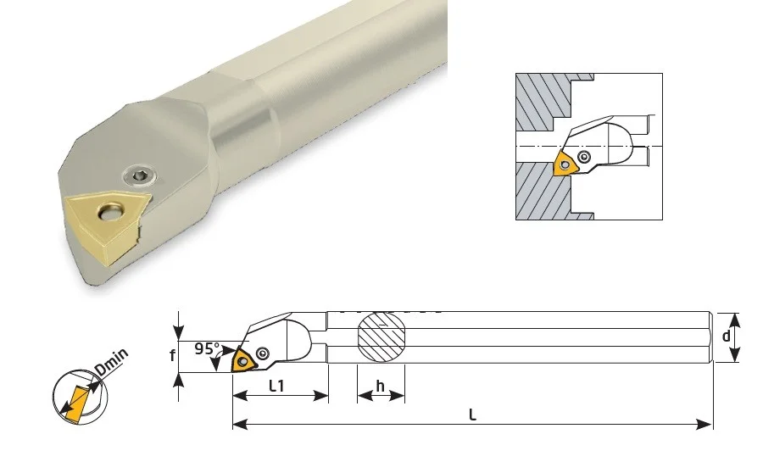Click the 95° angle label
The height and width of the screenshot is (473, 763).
click(x=208, y=348)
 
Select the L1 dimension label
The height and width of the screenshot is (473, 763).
click(x=276, y=386)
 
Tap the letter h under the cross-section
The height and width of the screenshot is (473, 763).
click(x=380, y=386)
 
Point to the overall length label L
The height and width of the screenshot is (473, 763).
click(x=472, y=415)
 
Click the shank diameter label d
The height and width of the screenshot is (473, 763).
click(x=726, y=336)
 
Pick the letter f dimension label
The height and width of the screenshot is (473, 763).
click(x=172, y=356)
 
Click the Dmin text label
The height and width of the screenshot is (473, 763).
click(x=111, y=362)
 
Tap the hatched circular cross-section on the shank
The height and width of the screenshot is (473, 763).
click(x=381, y=337)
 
